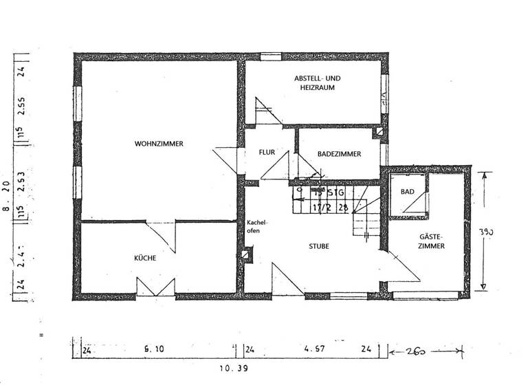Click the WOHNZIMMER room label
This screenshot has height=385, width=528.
click(159, 144)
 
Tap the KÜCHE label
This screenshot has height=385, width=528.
click(145, 258)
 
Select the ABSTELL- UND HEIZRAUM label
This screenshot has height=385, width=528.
click(317, 83)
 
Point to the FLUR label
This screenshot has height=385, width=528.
click(267, 153)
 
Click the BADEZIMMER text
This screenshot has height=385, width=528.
click(339, 155)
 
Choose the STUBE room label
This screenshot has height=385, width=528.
click(319, 245)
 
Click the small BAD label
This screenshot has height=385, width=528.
click(407, 192)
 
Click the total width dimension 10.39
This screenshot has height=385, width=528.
click(234, 368)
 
